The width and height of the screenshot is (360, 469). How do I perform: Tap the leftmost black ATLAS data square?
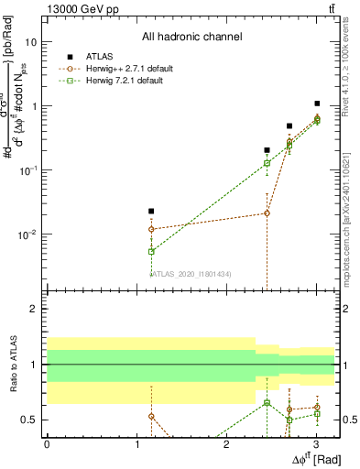(151, 212)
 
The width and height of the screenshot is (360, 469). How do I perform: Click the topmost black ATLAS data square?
(317, 104)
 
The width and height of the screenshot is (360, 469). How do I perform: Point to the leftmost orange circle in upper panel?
(151, 229)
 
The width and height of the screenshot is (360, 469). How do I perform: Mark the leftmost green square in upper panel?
(151, 251)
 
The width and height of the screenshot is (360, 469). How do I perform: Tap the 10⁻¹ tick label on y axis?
(27, 170)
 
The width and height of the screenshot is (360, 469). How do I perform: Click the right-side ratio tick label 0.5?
(347, 420)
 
